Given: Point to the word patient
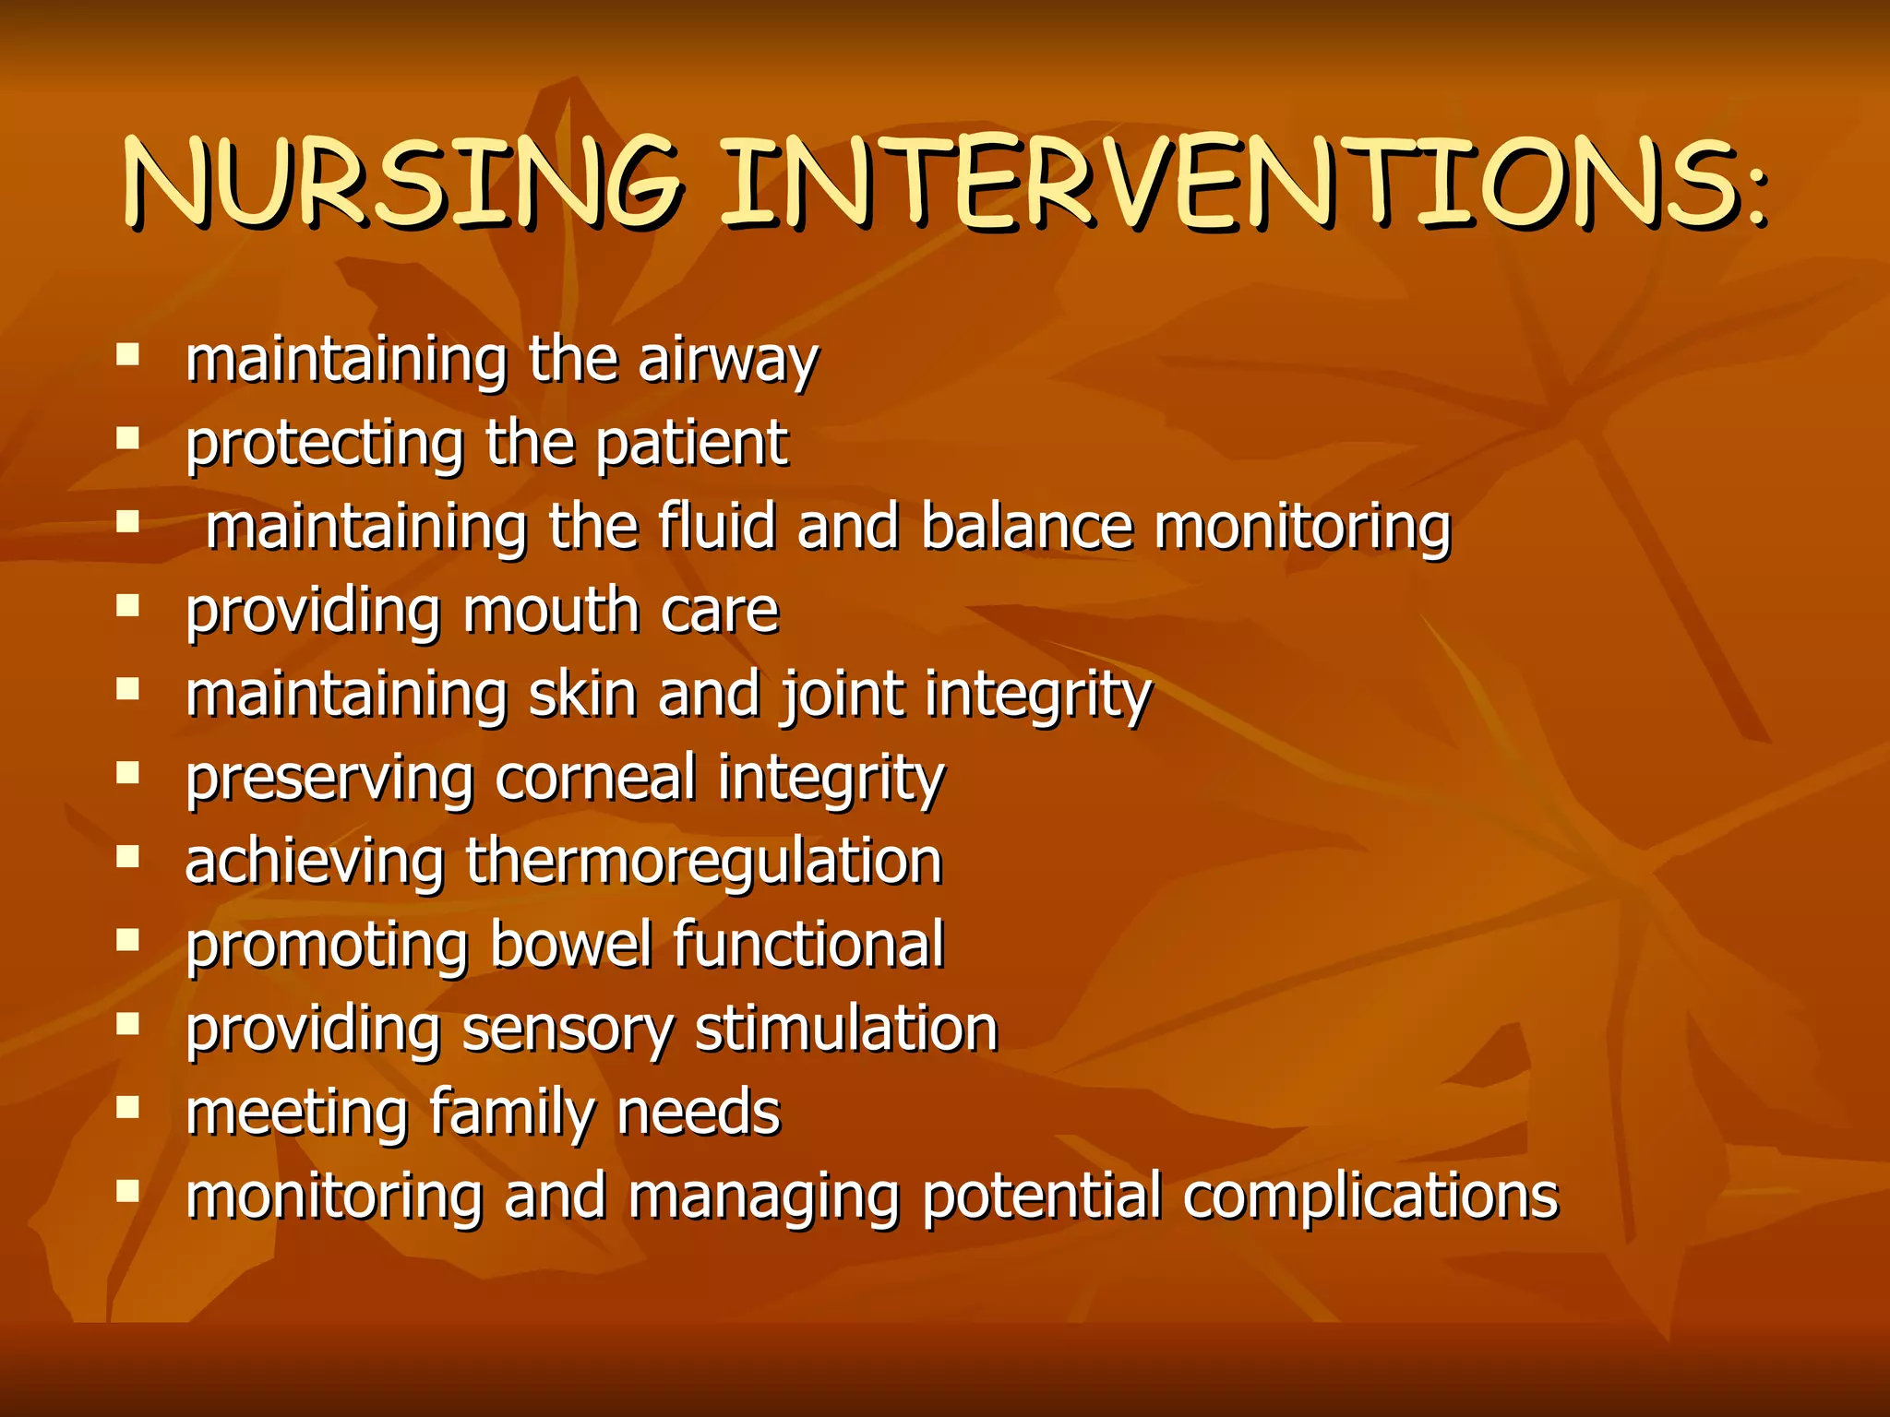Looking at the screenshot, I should [691, 444].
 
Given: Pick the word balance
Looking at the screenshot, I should [1026, 527].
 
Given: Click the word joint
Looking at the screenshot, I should [843, 695].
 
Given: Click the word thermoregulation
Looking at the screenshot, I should [703, 862].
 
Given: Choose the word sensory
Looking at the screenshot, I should [568, 1030].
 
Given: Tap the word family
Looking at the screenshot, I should [511, 1113].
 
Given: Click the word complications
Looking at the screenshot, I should [1371, 1197].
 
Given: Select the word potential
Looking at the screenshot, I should [1041, 1197].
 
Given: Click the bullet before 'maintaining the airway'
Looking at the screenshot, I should [127, 355].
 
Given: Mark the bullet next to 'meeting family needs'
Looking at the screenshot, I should [127, 1107].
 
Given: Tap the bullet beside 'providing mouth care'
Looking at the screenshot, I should [127, 605].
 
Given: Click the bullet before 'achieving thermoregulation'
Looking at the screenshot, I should [127, 856].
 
